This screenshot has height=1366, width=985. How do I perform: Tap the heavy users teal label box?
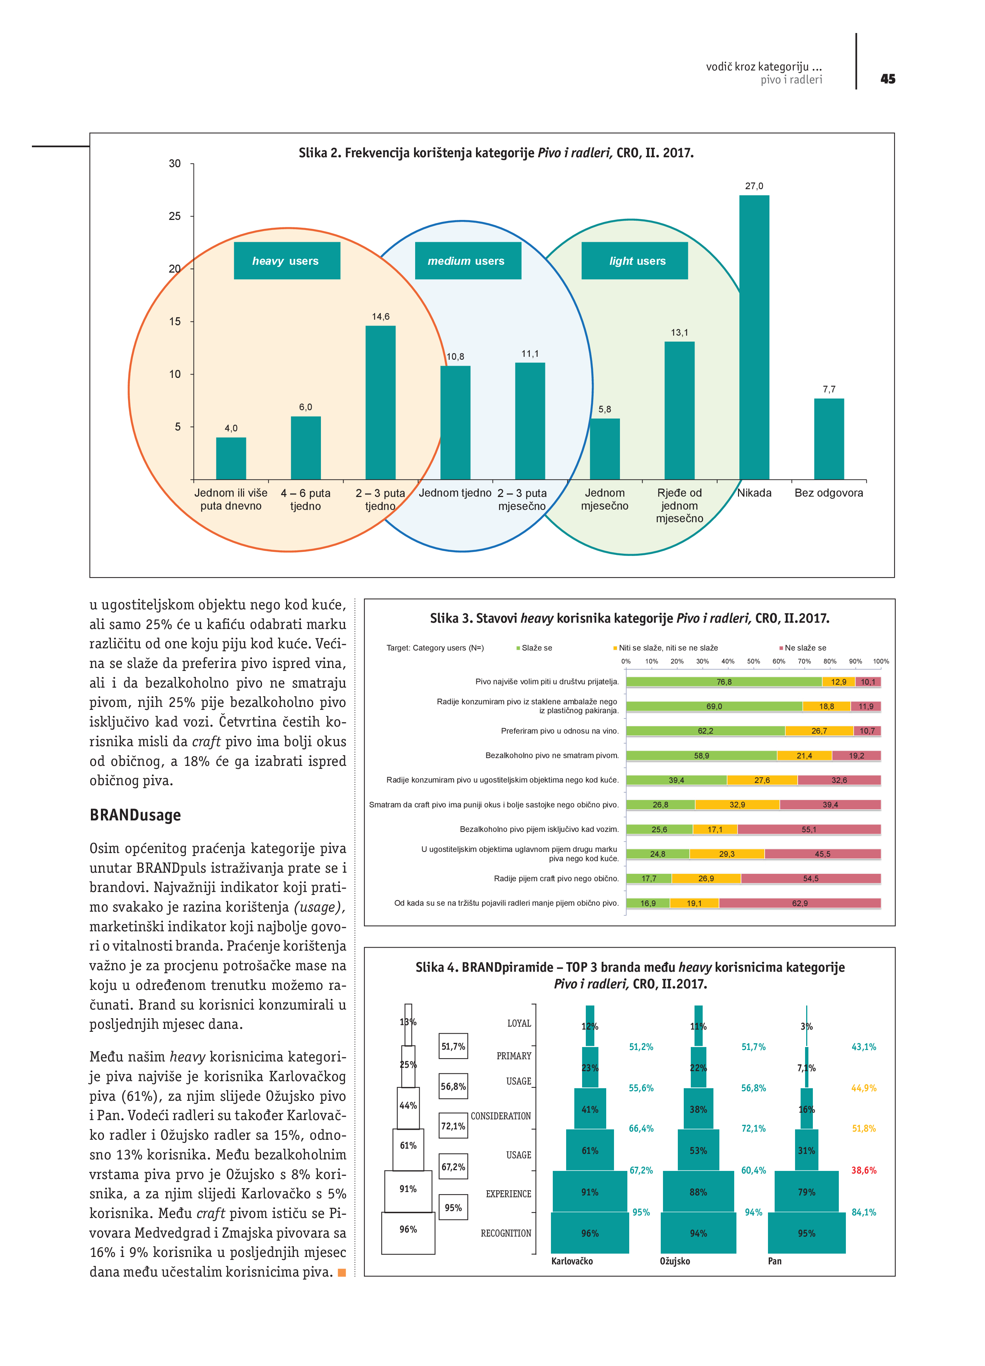[287, 261]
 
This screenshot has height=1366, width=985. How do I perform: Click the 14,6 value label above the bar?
[380, 317]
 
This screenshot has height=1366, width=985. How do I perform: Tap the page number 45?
[887, 79]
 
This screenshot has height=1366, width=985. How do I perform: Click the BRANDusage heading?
[135, 815]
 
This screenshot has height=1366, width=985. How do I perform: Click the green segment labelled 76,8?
[723, 682]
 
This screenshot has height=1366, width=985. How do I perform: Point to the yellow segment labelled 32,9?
[737, 805]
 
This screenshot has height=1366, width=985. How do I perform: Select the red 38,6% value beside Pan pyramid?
[863, 1170]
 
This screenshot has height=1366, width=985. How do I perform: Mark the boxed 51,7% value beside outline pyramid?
[453, 1047]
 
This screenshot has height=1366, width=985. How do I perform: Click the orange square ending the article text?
[342, 1273]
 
